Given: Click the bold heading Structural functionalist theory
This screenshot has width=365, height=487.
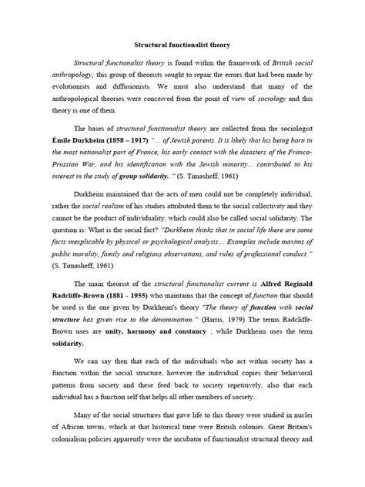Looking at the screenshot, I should [x=182, y=45].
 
